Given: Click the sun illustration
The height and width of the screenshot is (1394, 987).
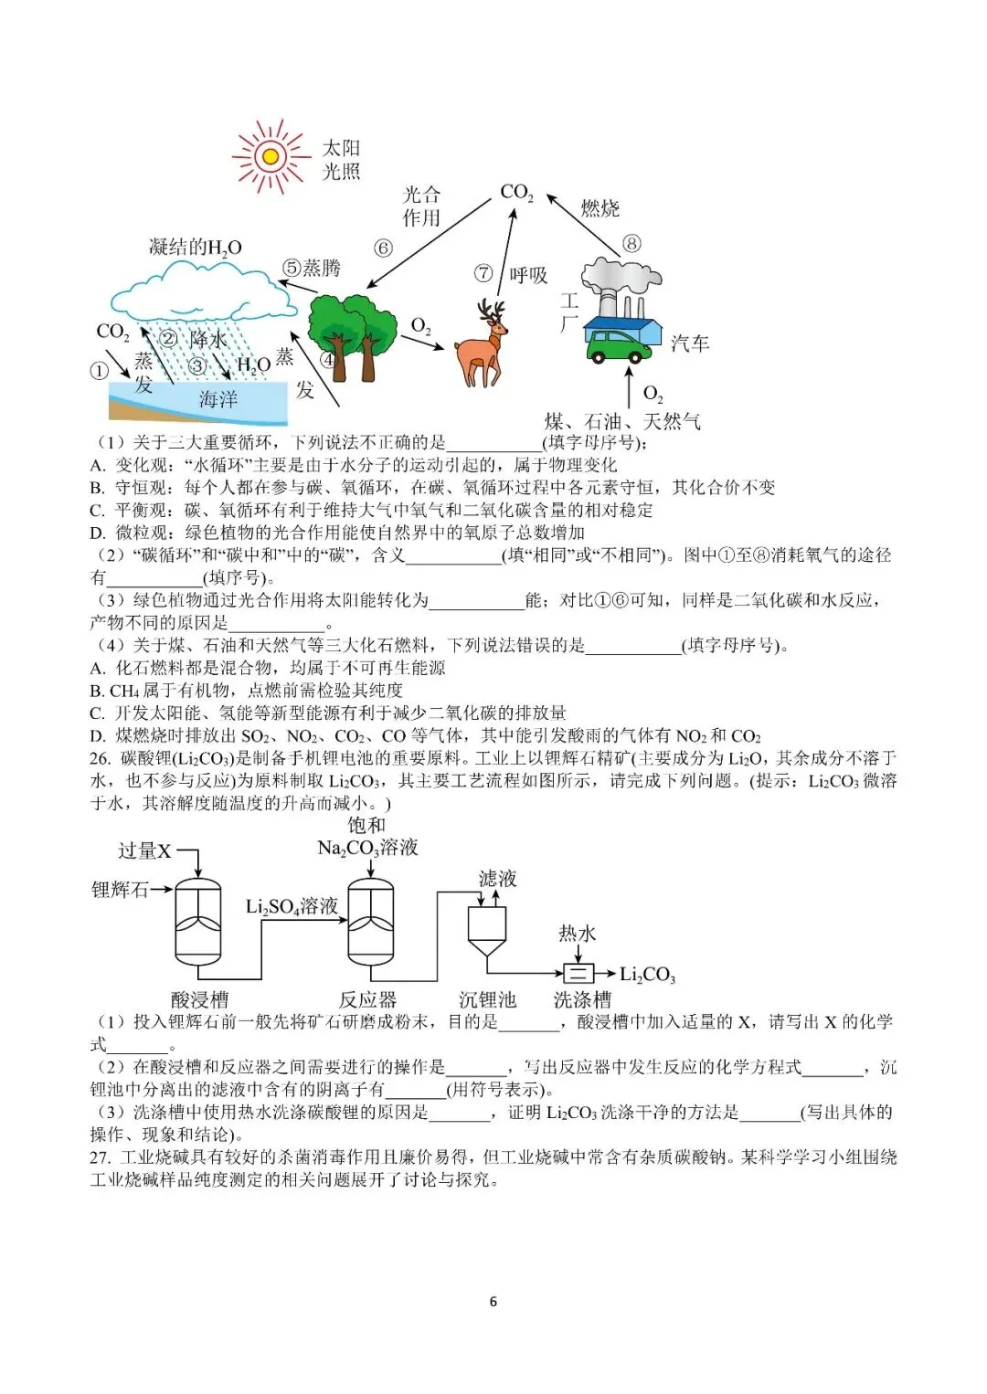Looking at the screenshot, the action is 271,156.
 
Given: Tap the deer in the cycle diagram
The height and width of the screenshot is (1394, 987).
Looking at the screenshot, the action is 483,345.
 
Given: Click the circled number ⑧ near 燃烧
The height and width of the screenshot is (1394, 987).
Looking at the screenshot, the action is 631,243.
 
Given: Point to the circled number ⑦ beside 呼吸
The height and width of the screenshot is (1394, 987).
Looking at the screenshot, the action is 483,273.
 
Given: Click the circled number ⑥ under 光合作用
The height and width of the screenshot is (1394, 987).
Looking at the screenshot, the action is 384,248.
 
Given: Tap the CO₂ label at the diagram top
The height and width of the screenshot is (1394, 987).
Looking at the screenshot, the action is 516,193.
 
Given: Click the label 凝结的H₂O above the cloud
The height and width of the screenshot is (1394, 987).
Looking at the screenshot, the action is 195,248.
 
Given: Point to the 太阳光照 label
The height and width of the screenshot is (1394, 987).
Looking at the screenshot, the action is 341,160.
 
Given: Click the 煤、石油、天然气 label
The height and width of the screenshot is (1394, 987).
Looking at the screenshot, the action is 622,421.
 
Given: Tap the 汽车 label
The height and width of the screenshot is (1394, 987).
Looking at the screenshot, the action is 690,343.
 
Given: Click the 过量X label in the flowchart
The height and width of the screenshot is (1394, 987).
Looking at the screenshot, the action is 144,850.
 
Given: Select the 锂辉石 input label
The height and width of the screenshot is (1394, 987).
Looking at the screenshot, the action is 119,889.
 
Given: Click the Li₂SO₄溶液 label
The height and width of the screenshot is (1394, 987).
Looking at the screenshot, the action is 292,906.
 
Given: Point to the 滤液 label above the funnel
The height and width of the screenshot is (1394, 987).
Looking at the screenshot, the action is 497,879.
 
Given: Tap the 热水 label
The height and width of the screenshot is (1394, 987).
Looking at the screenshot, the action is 577,933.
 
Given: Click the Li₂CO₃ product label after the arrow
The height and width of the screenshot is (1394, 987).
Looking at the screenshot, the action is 647,975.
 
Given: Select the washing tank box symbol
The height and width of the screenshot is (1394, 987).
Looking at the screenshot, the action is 577,974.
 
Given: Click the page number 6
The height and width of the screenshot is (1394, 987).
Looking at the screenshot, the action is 493,1302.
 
